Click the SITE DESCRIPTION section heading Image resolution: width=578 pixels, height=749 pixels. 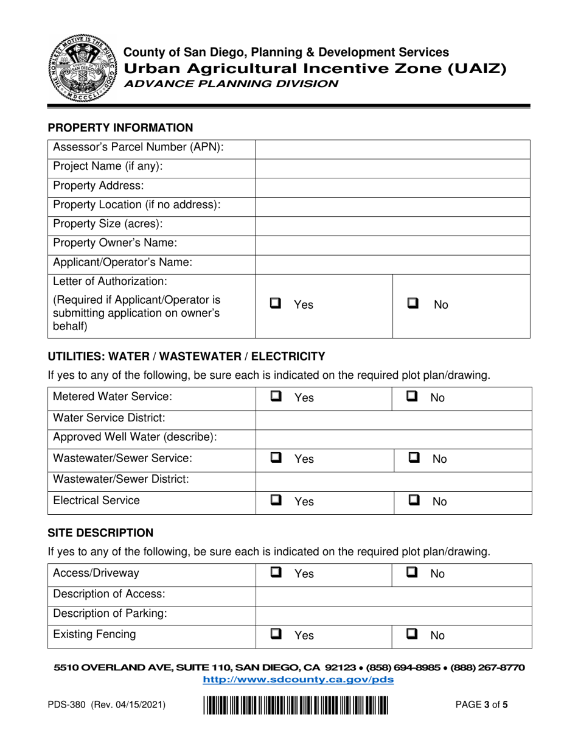coord(101,533)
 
